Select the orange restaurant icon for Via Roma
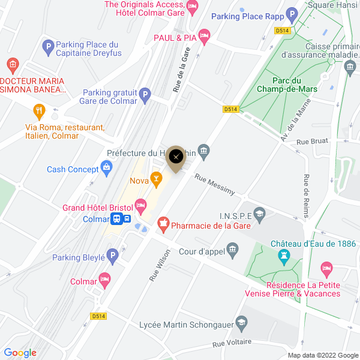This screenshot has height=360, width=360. pyautogui.click(x=39, y=110)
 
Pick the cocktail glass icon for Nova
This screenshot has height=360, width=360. pyautogui.click(x=156, y=178)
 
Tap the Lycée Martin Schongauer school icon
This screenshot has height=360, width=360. pyautogui.click(x=241, y=324)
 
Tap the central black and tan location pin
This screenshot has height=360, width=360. pyautogui.click(x=175, y=157)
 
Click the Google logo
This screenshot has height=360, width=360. pyautogui.click(x=20, y=352)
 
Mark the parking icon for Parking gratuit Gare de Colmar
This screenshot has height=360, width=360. pyautogui.click(x=145, y=95)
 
